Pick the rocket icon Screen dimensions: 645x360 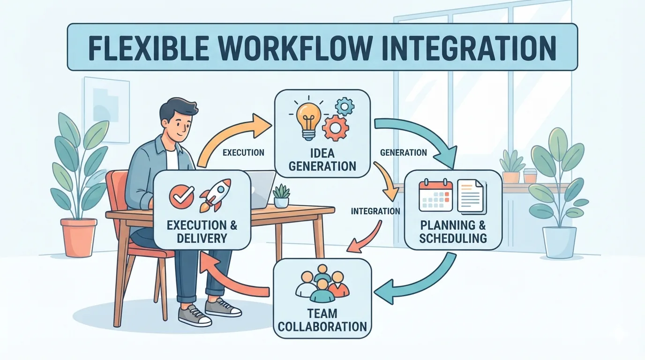click(215, 195)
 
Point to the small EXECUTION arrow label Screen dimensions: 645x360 click(244, 152)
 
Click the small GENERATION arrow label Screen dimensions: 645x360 click(404, 152)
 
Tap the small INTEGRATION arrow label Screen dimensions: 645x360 click(375, 211)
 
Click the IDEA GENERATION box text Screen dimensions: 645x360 click(322, 160)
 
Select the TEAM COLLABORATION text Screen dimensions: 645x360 click(322, 320)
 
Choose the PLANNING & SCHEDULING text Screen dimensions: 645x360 click(453, 232)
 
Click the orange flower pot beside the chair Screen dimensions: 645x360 click(78, 237)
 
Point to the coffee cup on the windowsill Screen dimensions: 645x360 click(530, 176)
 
